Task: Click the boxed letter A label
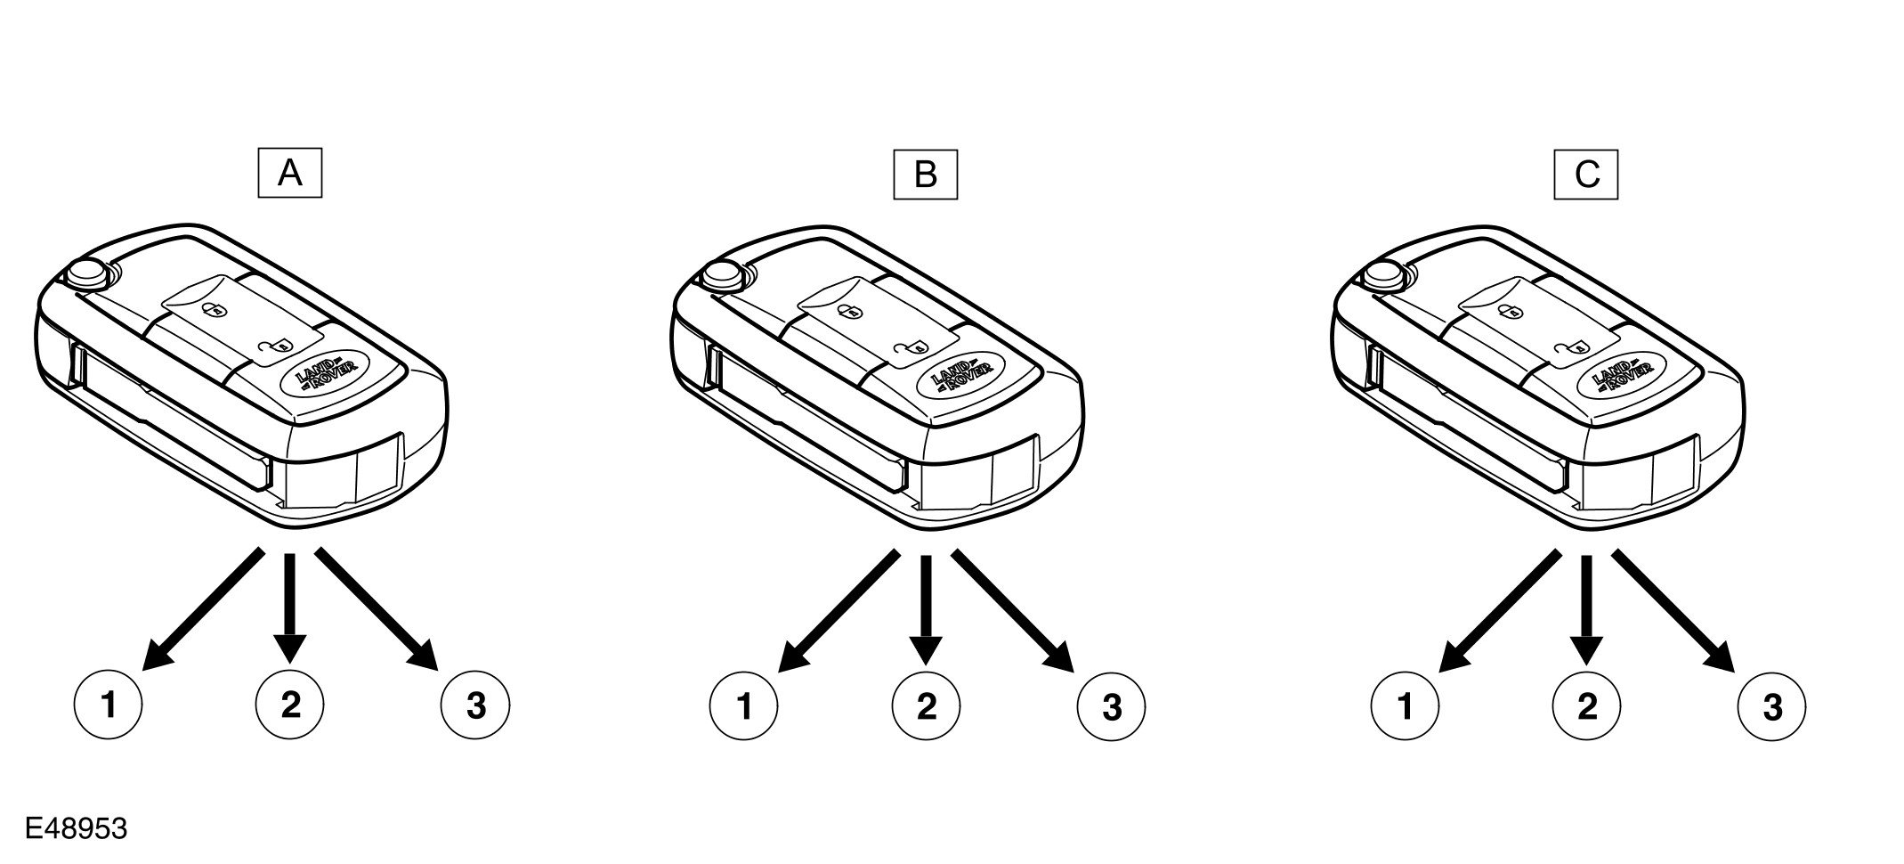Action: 289,174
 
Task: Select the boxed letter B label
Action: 925,174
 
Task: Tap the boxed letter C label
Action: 1586,174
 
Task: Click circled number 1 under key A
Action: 109,706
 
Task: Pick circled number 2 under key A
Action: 290,706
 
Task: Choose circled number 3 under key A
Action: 476,706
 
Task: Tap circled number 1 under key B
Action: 744,707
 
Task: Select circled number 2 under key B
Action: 926,707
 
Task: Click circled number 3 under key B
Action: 1112,707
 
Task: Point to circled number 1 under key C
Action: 1406,707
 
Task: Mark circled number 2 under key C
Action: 1587,707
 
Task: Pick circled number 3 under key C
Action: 1773,707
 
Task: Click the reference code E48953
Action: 77,829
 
